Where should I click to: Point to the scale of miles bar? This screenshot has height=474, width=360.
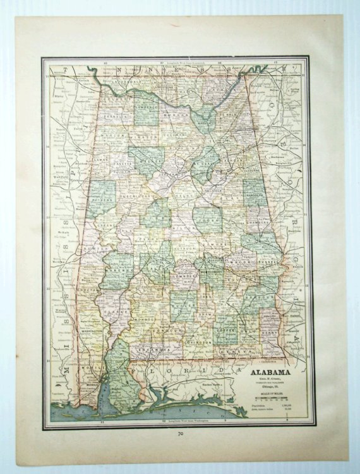(x=270, y=399)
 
